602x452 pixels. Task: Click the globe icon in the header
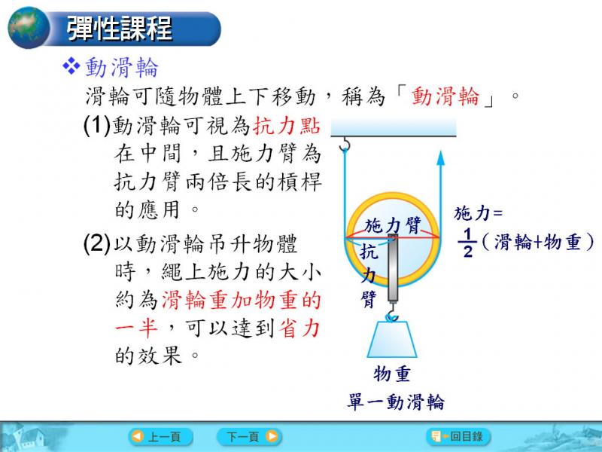pos(29,28)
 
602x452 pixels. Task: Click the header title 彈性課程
pos(119,29)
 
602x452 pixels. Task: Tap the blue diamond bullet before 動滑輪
pos(71,66)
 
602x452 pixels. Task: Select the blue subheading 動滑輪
pos(121,67)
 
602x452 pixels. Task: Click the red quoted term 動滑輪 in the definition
pos(445,96)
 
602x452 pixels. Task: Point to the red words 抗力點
pos(287,125)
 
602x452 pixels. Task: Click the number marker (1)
pos(97,125)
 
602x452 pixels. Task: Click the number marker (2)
pos(97,243)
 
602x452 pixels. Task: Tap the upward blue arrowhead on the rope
pos(441,158)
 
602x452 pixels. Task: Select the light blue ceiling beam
pos(394,127)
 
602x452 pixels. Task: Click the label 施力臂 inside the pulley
pos(393,225)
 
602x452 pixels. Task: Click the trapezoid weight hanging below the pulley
pos(392,339)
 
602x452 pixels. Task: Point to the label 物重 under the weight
pos(391,374)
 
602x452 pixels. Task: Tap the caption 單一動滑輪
pos(396,402)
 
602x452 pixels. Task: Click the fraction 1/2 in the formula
pos(467,243)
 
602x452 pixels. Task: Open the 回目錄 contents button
pos(458,436)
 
